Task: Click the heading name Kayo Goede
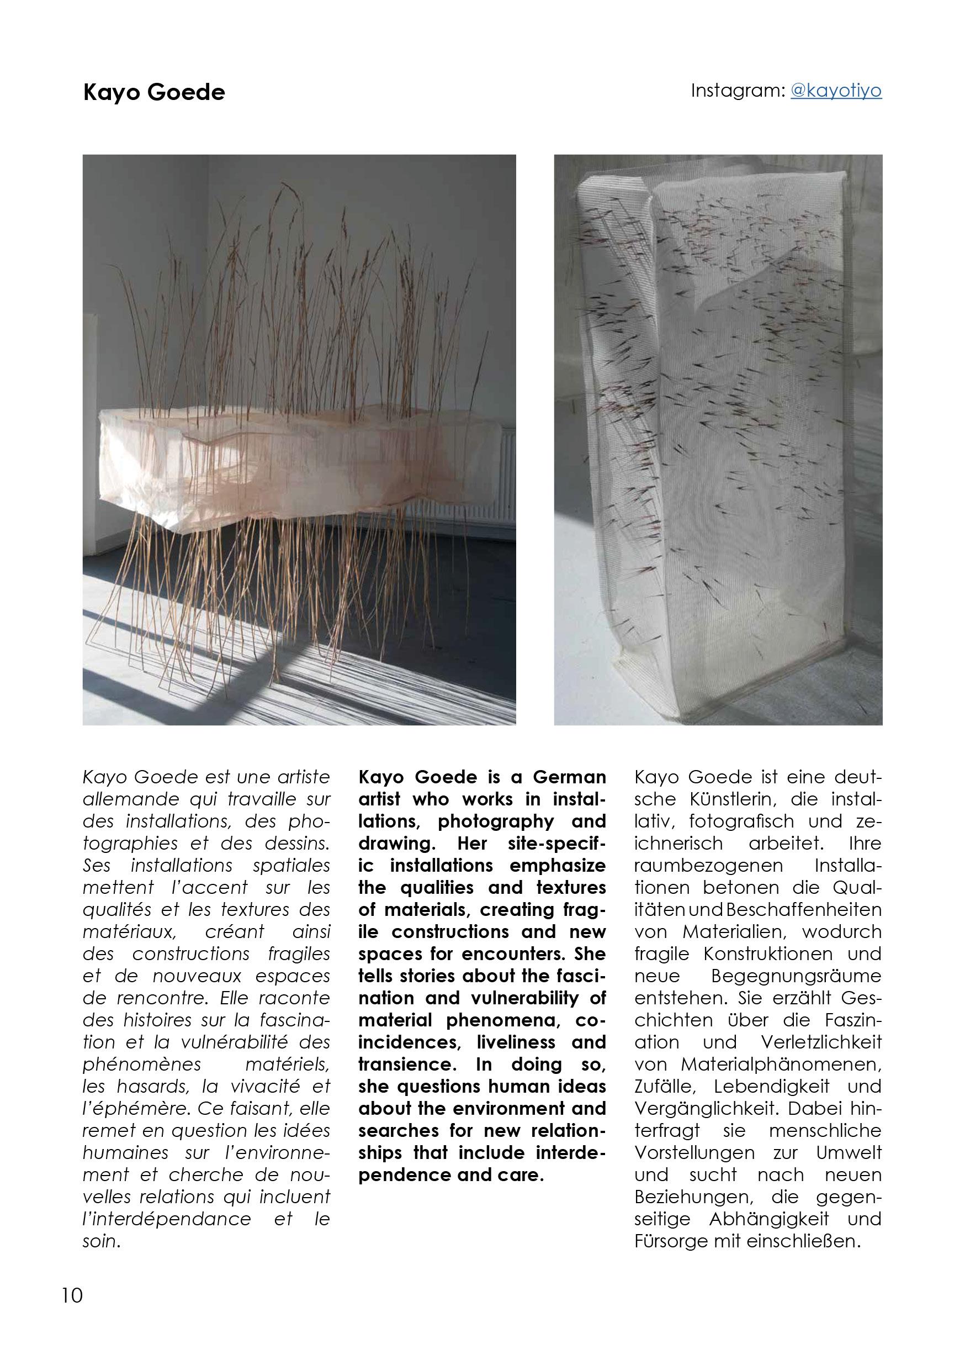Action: tap(154, 92)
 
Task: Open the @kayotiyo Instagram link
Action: tap(836, 91)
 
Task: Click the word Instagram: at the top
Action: tap(737, 91)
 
